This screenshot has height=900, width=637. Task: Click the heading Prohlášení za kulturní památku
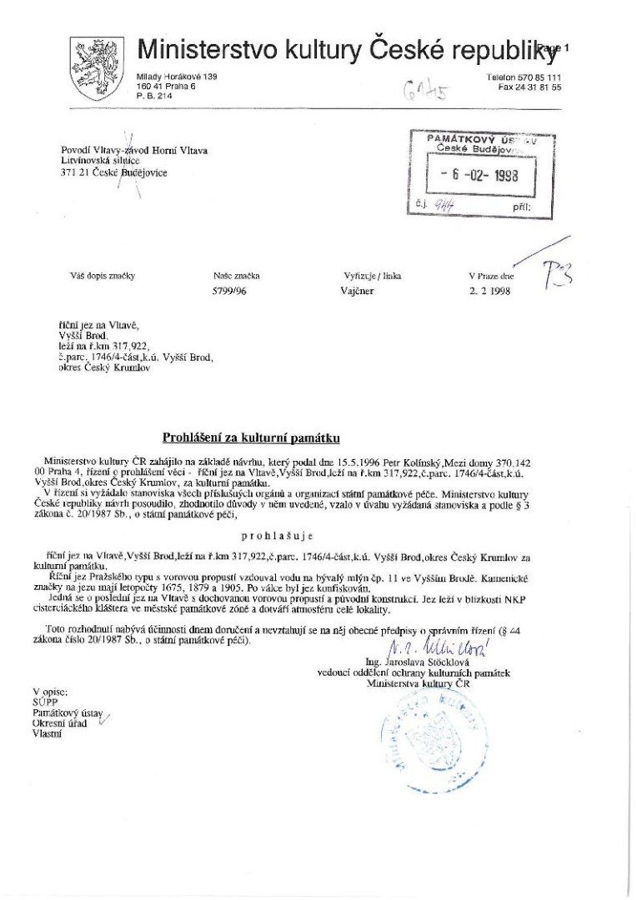[251, 437]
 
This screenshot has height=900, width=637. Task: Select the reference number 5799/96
[229, 292]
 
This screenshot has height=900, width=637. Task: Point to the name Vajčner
[359, 292]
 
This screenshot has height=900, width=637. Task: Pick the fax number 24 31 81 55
[539, 87]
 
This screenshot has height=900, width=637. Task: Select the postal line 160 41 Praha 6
[164, 87]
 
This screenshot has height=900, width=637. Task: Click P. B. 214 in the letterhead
[154, 96]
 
